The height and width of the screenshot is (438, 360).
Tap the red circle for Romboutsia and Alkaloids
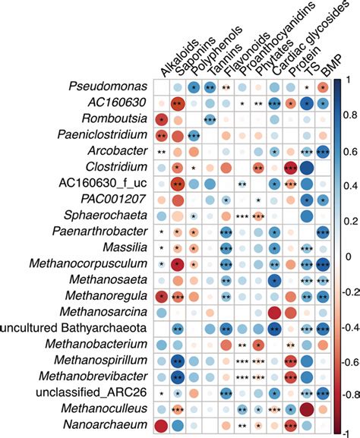point(161,119)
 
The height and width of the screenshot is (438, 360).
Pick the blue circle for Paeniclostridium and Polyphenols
point(194,135)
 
